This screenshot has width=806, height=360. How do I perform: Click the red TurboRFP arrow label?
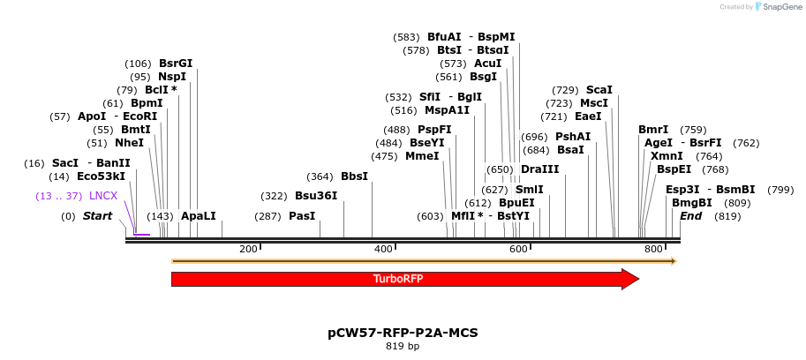[x=398, y=279]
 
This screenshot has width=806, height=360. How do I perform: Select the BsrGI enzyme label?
[x=176, y=64]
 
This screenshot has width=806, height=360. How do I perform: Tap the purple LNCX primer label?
[x=103, y=196]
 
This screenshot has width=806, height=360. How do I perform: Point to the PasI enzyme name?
[x=302, y=216]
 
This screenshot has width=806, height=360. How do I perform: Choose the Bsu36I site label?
[x=316, y=196]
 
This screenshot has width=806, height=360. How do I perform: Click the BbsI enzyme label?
[x=354, y=176]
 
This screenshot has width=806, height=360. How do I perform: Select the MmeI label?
[x=422, y=156]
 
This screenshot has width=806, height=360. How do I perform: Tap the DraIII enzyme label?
[x=539, y=169]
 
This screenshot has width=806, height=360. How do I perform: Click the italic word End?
[x=691, y=216]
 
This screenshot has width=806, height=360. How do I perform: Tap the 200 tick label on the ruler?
[x=248, y=250]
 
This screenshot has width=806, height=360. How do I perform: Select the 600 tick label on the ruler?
[x=518, y=250]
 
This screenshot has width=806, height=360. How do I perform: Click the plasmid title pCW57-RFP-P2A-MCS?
[x=403, y=333]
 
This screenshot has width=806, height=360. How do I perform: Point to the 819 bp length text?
[x=403, y=347]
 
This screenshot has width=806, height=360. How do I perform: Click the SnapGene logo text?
[x=780, y=7]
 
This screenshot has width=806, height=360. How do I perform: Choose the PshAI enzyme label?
[x=573, y=137]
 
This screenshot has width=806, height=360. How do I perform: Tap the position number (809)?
[x=736, y=203]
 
